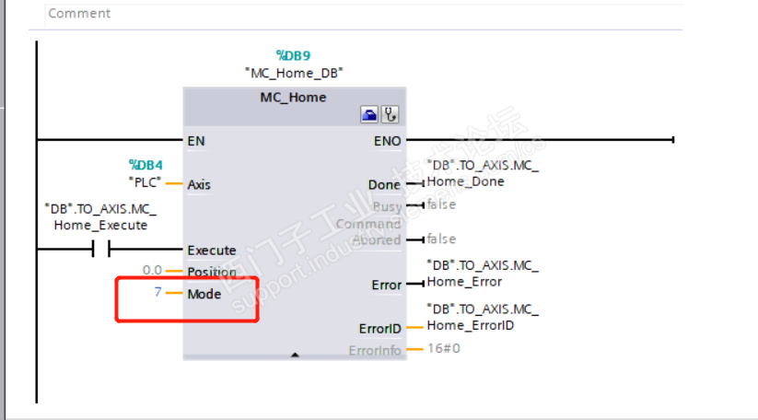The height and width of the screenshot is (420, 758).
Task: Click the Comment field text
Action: [79, 14]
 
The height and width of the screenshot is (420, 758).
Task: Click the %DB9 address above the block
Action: [295, 55]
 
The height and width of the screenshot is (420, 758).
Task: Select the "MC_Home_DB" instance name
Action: [295, 73]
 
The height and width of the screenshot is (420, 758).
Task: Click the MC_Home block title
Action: [294, 97]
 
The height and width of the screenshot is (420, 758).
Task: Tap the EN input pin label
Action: [196, 141]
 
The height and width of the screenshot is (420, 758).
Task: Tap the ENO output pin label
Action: [387, 141]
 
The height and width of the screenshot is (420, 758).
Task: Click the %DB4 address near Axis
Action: [146, 165]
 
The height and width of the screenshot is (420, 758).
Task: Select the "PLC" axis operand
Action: [145, 181]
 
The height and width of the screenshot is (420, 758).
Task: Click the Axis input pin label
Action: [199, 184]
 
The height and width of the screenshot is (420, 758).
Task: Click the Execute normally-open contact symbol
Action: [100, 250]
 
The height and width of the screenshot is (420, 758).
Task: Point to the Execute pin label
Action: [212, 251]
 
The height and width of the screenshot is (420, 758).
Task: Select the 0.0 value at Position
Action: [152, 271]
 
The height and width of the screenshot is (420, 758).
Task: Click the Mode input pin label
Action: [204, 294]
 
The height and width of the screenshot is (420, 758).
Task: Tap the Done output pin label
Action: [385, 184]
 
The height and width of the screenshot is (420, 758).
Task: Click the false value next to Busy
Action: [441, 204]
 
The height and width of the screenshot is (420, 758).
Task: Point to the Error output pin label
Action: [387, 285]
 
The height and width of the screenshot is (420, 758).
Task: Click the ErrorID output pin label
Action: [379, 328]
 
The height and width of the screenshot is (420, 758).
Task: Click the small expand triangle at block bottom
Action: [295, 354]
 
